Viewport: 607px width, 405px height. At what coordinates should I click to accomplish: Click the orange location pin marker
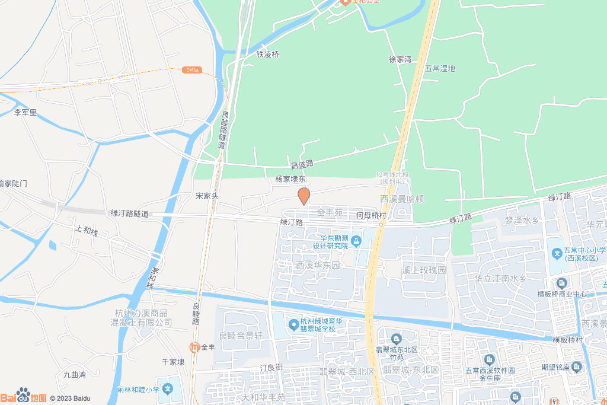[303, 196]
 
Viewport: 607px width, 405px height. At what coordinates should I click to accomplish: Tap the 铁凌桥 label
[267, 54]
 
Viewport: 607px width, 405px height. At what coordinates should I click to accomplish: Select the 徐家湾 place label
[400, 60]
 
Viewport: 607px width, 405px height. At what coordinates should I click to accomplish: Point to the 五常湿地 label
[440, 68]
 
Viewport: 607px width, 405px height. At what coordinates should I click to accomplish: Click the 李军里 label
[25, 112]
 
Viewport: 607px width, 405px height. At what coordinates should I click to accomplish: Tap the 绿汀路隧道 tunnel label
[129, 213]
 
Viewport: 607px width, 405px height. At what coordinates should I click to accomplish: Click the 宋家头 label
[207, 195]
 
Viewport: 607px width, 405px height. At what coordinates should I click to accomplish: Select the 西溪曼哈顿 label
[402, 199]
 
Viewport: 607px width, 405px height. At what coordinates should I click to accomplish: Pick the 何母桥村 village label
[372, 215]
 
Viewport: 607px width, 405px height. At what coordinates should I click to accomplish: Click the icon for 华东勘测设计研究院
[356, 241]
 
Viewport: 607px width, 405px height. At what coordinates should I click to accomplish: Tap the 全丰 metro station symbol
[194, 347]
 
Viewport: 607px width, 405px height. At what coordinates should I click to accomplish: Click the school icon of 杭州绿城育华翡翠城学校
[293, 324]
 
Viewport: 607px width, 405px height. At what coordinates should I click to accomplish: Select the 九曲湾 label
[75, 375]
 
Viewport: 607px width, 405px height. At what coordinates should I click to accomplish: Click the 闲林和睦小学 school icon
[168, 390]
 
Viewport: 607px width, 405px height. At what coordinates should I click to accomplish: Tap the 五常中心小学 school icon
[557, 254]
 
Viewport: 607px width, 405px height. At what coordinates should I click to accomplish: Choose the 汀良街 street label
[272, 368]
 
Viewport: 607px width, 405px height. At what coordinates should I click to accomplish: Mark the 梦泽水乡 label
[521, 221]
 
